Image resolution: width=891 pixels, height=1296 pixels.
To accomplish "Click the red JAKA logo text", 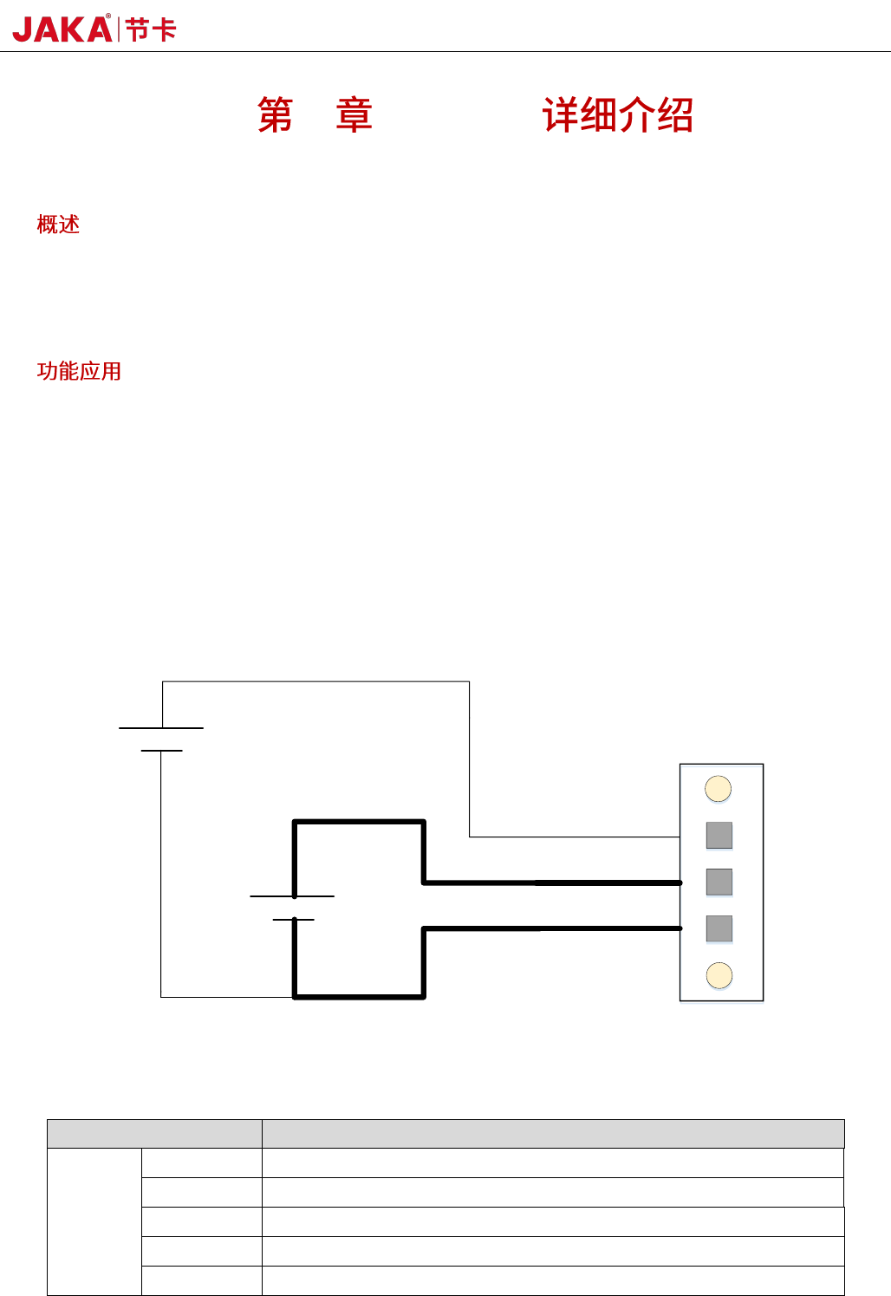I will point(62,29).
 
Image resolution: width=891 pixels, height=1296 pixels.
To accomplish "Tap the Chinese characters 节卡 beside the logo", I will point(151,30).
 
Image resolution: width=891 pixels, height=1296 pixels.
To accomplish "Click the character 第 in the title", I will point(275,115).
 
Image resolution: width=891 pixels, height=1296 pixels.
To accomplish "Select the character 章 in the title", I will point(354,115).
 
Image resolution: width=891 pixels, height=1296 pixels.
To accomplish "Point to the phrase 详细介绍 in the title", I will point(617,115).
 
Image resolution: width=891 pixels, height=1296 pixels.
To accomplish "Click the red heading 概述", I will point(58,225).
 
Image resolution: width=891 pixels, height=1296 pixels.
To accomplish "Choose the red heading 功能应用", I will point(79,371).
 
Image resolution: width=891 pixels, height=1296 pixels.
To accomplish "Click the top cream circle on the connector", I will point(719,789).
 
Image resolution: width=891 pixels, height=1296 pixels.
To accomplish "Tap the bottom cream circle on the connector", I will point(719,975).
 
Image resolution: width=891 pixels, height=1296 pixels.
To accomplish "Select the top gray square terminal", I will point(719,836).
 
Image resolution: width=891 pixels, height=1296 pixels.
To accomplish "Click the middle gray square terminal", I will point(719,882).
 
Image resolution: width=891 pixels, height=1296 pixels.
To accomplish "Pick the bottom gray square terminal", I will point(719,928).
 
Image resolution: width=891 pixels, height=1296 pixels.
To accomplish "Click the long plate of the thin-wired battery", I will point(161,728).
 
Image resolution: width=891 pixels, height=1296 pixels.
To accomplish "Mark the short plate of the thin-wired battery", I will point(161,751).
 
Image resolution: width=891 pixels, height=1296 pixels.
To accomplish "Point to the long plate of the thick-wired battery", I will point(292,896).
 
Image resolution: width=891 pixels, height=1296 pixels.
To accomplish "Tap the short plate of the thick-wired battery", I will point(294,919).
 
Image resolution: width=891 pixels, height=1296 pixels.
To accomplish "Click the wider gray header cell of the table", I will point(553,1134).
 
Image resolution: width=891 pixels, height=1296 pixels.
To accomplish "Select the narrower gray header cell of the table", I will point(154,1134).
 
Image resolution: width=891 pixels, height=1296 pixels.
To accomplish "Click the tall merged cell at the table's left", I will point(94,1221).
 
